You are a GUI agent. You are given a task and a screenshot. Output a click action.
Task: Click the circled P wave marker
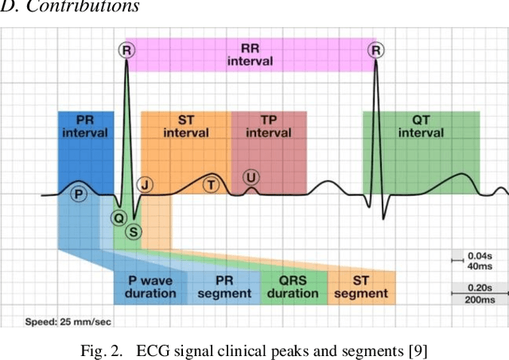click(x=78, y=194)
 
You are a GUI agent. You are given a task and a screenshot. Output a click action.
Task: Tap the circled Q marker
click(x=119, y=217)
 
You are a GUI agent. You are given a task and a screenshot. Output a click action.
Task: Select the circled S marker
click(x=134, y=231)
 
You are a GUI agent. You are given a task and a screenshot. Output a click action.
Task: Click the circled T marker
click(x=211, y=184)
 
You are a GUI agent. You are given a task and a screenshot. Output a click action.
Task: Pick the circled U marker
click(x=251, y=177)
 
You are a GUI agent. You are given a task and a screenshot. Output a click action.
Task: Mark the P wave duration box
click(x=150, y=287)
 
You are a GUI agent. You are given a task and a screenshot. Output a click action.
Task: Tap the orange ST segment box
click(x=361, y=287)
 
